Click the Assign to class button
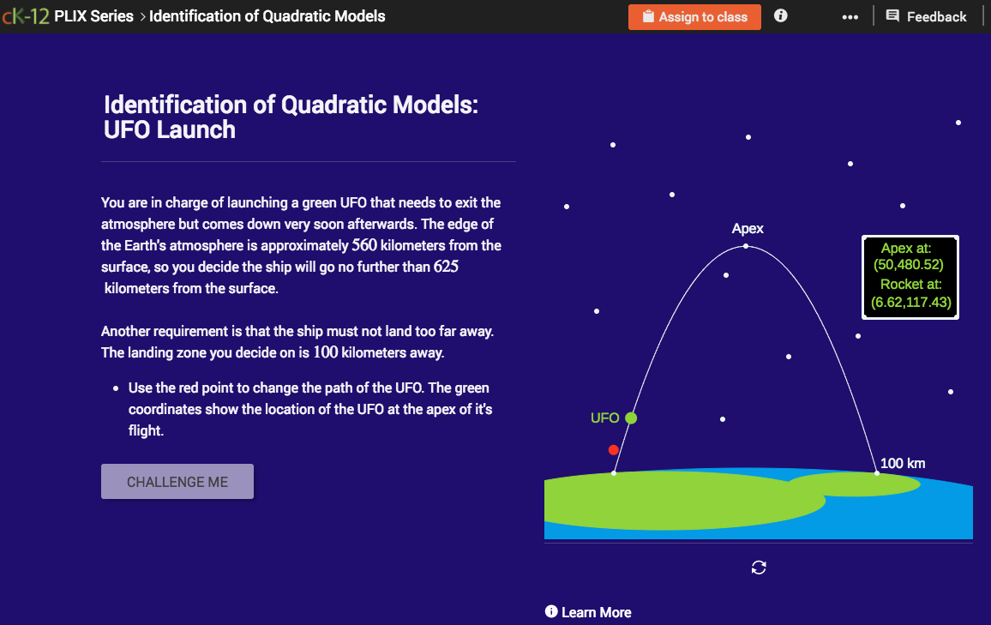(694, 16)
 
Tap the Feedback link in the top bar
(926, 16)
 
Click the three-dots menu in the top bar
(850, 17)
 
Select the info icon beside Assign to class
(780, 15)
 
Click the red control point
(613, 450)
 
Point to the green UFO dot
(631, 418)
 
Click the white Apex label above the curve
(748, 229)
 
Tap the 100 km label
(903, 464)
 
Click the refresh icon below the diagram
(759, 567)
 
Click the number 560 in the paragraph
(363, 245)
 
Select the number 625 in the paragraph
(446, 267)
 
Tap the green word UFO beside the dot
(604, 418)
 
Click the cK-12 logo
(25, 16)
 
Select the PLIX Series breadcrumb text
(93, 16)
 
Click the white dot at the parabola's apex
(745, 247)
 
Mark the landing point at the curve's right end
(876, 472)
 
